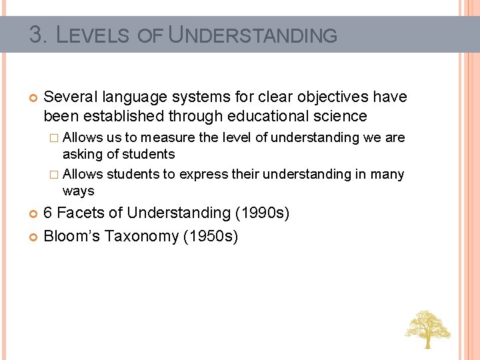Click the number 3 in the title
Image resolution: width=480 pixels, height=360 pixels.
(36, 34)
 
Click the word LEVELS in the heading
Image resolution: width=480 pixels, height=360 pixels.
(93, 35)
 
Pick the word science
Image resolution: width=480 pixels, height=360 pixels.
(343, 116)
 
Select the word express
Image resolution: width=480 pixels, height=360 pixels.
(203, 174)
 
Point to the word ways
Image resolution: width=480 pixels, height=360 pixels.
(78, 191)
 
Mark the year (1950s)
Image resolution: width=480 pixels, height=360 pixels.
(210, 236)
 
